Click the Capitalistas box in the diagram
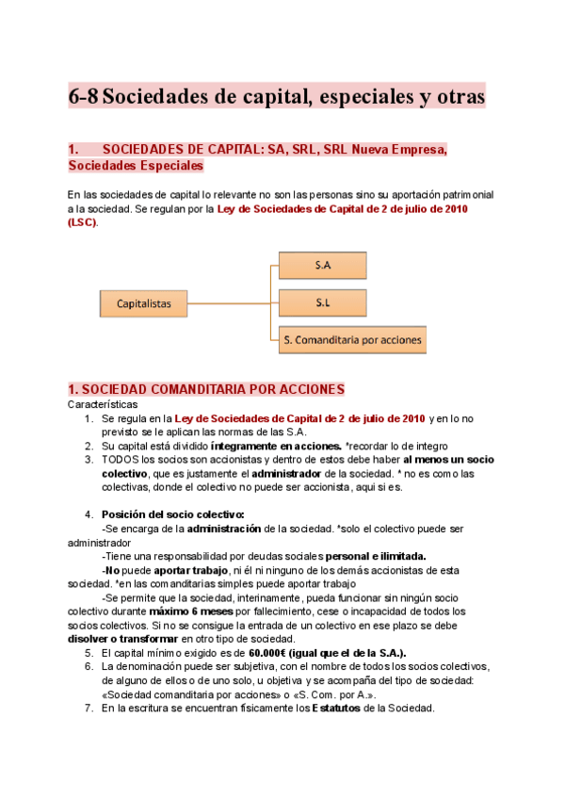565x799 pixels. coord(143,303)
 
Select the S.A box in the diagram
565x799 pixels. coord(322,266)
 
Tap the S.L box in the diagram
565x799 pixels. coord(322,303)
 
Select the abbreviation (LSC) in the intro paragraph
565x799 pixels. coord(82,222)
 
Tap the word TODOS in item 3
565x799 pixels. coord(119,459)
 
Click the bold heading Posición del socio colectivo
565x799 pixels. coord(172,514)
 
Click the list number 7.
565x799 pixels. coord(88,709)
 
